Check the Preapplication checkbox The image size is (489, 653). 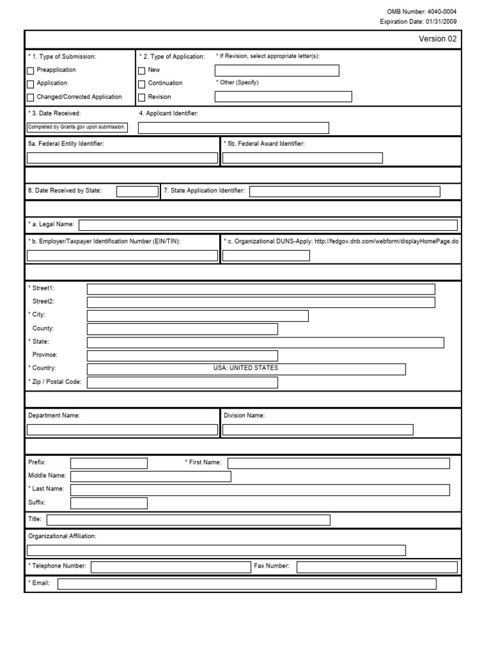tap(31, 70)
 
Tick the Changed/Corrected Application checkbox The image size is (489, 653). tap(31, 98)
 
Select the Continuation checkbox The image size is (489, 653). tap(142, 84)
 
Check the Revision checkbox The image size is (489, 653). tap(142, 98)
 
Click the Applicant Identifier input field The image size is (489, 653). tap(233, 128)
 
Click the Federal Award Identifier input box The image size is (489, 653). tap(302, 158)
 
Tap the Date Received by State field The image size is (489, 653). tap(138, 191)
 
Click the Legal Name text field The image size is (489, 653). tap(267, 224)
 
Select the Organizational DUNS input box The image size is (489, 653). tap(266, 256)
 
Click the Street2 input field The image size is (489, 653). tap(261, 302)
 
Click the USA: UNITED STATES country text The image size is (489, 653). tap(246, 369)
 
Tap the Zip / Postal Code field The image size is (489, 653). tap(182, 383)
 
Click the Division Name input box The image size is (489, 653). tap(318, 430)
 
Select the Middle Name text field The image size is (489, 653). tap(150, 476)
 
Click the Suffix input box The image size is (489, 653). tap(109, 503)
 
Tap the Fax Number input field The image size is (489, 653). tap(376, 567)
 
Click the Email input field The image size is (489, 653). tap(247, 584)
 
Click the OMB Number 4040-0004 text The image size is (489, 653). tap(422, 11)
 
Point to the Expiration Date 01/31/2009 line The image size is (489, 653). tap(418, 21)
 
